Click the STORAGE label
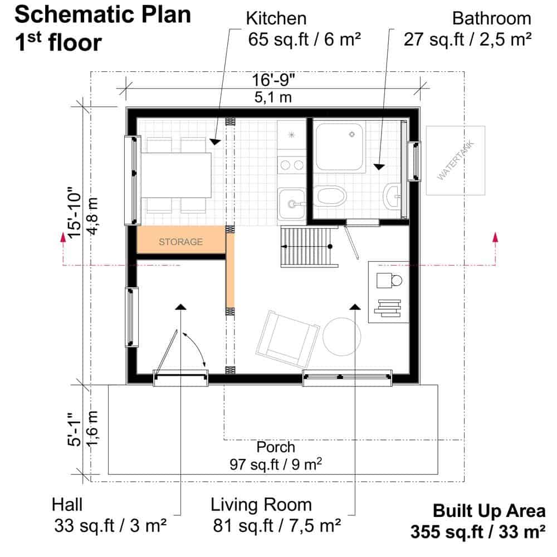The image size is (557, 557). click(180, 242)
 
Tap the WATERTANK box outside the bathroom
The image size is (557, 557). click(456, 160)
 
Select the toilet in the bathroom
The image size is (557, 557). click(330, 196)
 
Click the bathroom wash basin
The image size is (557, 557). click(393, 195)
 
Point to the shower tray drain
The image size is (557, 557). click(351, 134)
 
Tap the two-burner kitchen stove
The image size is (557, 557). click(292, 165)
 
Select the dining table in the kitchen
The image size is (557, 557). click(176, 175)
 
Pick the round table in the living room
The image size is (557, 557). click(342, 336)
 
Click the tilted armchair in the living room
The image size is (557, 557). click(287, 339)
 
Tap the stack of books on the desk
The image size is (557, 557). click(388, 308)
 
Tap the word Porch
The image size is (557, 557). click(276, 447)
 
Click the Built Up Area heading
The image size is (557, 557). click(489, 511)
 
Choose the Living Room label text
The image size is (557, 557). click(261, 505)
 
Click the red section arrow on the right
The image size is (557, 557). click(495, 248)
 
